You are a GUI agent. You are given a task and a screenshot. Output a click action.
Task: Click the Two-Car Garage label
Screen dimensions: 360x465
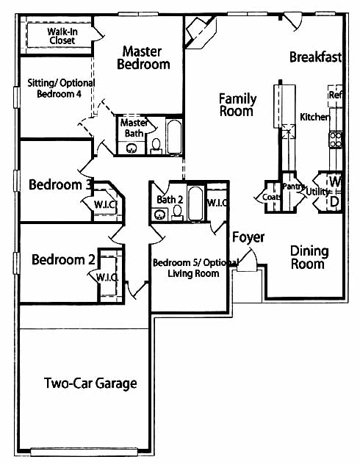90,383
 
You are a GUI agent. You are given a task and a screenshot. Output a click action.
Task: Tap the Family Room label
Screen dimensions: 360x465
237,105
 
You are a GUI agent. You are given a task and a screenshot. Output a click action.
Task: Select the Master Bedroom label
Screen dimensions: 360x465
143,58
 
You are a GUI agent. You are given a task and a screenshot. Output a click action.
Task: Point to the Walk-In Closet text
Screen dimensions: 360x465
62,36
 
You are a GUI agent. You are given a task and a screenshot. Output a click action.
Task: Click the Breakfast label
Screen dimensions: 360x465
315,57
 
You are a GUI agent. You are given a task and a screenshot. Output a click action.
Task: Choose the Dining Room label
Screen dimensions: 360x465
309,257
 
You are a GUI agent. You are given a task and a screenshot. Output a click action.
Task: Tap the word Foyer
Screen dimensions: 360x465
248,237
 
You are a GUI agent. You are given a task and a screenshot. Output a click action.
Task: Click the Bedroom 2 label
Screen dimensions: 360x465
63,259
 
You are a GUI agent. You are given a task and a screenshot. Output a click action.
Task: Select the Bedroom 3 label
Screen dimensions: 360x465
60,185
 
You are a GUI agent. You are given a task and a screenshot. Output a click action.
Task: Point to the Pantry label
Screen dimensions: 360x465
293,187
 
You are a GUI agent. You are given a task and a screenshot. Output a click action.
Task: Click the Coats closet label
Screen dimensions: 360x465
271,197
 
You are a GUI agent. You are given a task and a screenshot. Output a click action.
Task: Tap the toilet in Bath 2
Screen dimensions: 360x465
177,212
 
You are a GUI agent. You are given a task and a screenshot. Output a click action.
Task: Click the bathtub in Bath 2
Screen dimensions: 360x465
195,203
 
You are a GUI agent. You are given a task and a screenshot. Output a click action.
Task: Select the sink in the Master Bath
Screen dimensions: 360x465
132,148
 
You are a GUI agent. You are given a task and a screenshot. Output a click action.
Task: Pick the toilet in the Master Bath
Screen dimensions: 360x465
156,146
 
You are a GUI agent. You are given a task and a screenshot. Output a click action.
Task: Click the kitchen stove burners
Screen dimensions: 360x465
335,140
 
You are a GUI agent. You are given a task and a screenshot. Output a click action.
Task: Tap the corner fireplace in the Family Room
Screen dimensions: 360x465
200,32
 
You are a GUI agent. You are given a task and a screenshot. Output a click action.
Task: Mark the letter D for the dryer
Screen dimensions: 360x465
334,202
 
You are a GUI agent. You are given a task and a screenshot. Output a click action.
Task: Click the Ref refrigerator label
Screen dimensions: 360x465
335,95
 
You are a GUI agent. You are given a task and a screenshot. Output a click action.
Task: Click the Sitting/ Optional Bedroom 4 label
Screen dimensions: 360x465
61,88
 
